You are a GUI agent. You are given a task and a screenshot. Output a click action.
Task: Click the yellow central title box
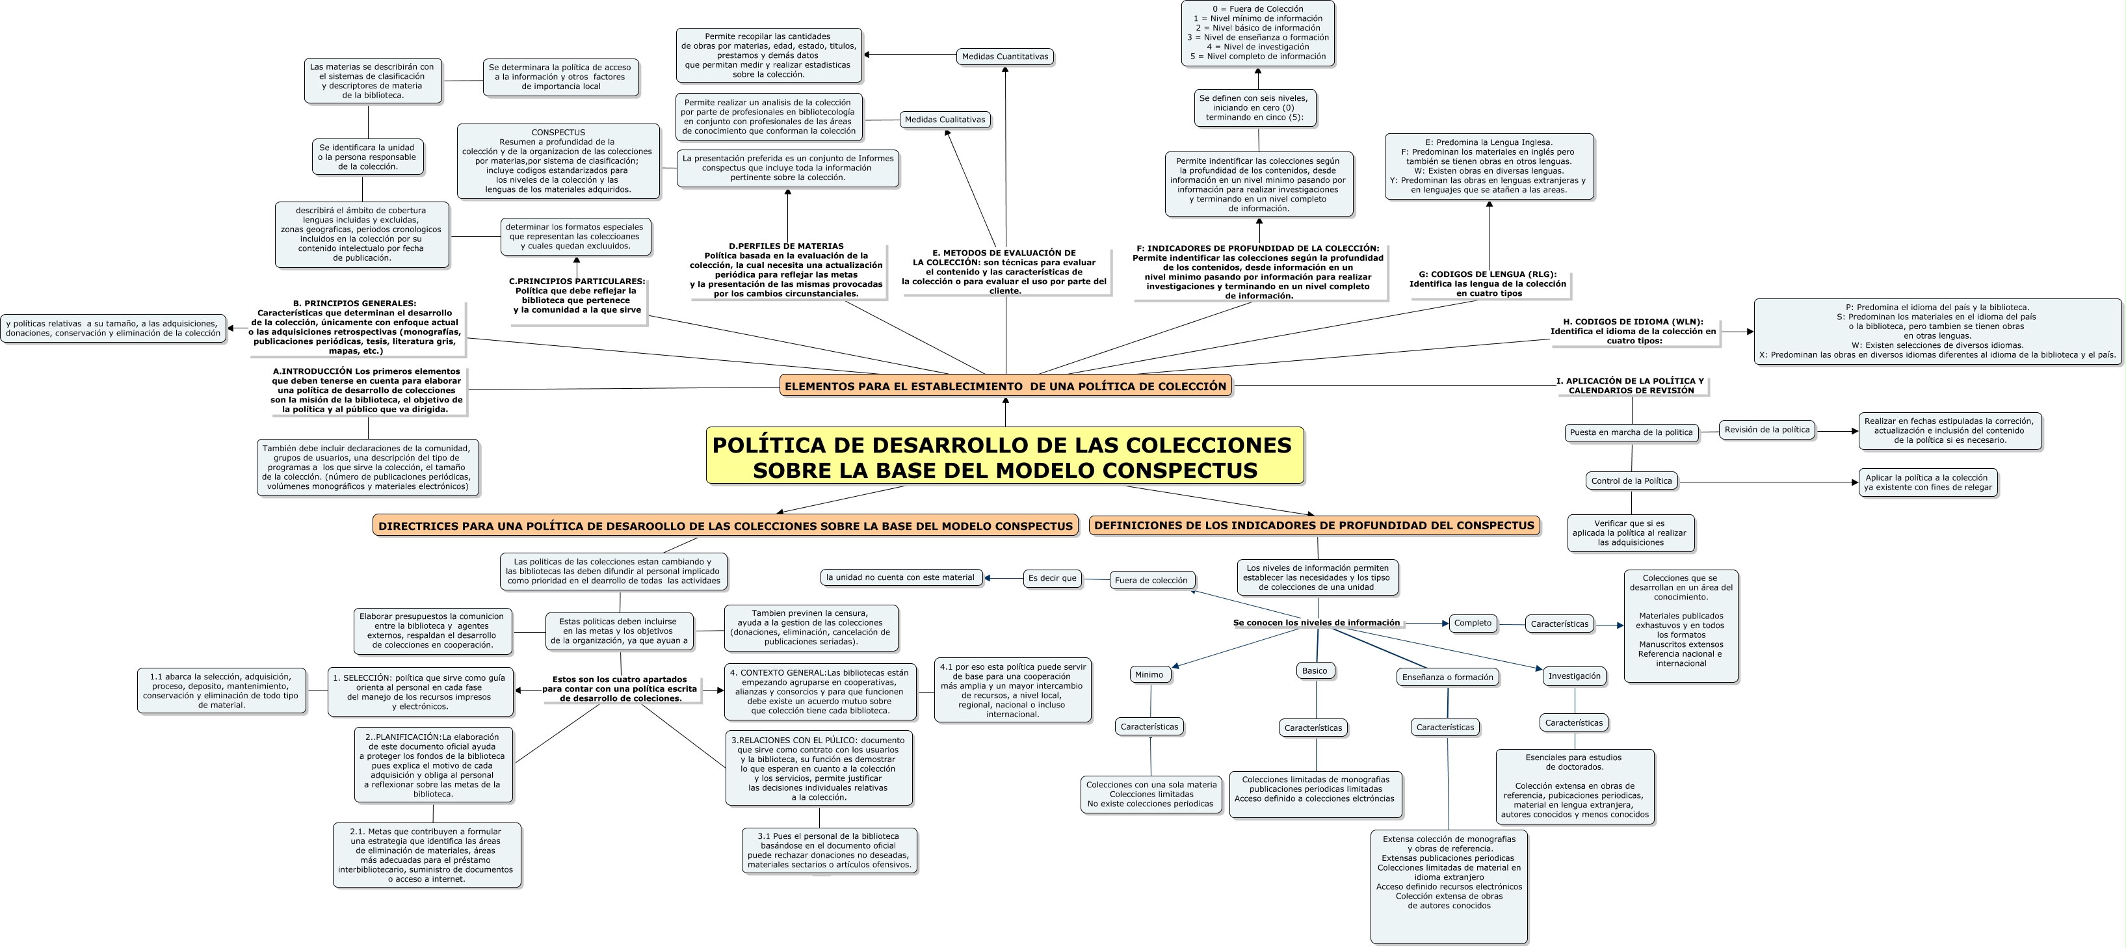[x=1004, y=455]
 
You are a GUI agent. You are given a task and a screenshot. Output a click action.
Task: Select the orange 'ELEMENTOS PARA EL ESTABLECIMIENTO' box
[x=1005, y=386]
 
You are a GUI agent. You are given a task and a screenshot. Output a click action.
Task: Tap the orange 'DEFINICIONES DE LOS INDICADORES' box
[x=1314, y=525]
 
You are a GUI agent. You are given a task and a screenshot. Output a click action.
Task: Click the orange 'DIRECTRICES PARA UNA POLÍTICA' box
[x=726, y=525]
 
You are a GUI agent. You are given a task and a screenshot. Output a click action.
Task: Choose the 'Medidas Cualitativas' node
[x=944, y=120]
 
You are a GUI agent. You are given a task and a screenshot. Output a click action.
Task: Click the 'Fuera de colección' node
[x=1151, y=580]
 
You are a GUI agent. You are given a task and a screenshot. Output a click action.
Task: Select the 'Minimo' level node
[x=1149, y=675]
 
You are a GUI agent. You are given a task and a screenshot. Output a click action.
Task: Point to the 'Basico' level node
[x=1315, y=671]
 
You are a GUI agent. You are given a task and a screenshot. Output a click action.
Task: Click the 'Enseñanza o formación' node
[x=1448, y=678]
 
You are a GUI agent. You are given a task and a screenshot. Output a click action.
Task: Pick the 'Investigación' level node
[x=1574, y=676]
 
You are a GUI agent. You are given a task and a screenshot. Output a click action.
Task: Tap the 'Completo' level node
[x=1473, y=623]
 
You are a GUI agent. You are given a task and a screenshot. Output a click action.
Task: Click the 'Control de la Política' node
[x=1632, y=481]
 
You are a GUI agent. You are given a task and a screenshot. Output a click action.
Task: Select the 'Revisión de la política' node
[x=1767, y=430]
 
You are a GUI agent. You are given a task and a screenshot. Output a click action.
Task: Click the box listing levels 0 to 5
[x=1258, y=33]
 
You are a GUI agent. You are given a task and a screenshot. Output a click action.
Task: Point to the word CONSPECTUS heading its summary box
[x=558, y=133]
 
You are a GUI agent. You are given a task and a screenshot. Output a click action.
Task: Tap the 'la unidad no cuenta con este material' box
[x=900, y=577]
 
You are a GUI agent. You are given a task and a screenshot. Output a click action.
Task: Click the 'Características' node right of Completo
[x=1559, y=624]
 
